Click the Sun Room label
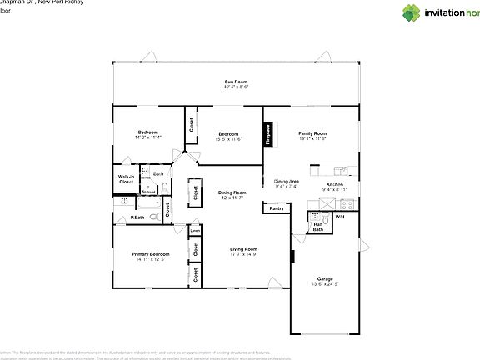236,82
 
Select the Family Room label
312,134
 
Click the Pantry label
277,209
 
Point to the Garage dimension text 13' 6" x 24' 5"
325,284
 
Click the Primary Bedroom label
151,253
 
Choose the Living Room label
244,249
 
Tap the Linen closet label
195,230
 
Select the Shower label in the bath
148,191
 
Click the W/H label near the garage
340,217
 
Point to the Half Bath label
318,226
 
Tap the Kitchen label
334,183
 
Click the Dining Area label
287,181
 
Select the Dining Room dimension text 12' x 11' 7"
232,197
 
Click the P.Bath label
126,218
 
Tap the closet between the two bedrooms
192,125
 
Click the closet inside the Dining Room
195,192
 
